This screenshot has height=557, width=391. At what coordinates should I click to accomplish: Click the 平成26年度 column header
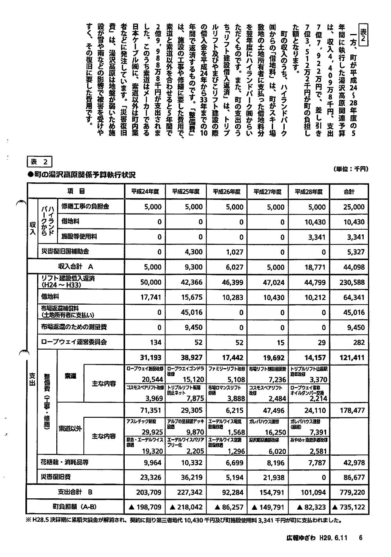point(226,192)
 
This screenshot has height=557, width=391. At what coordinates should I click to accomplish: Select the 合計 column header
point(349,192)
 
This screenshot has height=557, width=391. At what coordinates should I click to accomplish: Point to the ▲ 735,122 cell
point(348,507)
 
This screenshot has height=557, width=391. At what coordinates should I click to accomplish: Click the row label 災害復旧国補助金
point(65,252)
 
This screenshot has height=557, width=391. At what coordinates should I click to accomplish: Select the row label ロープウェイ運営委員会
point(74,342)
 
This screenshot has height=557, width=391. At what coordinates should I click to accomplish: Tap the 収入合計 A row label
point(75,267)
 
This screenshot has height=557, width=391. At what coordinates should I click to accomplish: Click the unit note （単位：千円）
point(351,169)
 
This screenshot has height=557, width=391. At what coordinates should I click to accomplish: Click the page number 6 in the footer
point(361,538)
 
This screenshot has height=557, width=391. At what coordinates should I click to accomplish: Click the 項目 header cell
point(75,191)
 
